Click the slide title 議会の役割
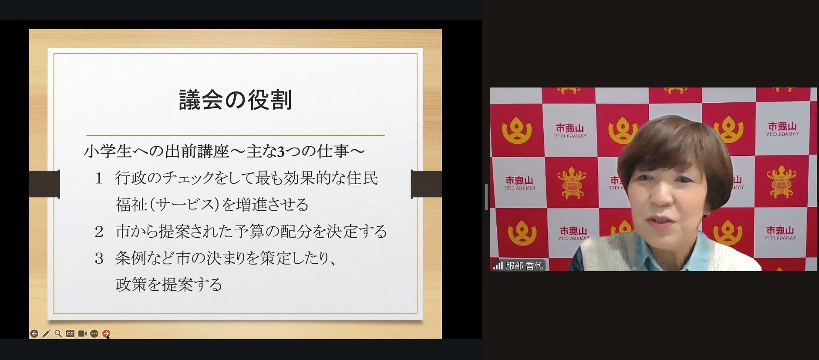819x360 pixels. click(235, 100)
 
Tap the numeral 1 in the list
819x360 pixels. click(99, 178)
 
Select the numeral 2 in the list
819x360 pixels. click(99, 232)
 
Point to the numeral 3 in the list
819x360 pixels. click(99, 258)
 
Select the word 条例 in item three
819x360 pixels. click(130, 258)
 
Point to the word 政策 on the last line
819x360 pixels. click(131, 285)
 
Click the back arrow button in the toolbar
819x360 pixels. click(34, 333)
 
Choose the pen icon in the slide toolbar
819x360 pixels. click(46, 333)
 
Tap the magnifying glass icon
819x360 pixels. click(58, 333)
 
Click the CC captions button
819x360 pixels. click(70, 333)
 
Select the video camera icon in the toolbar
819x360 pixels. click(82, 333)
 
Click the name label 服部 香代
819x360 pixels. click(524, 266)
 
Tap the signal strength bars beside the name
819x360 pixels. click(498, 266)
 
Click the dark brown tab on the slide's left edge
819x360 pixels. click(44, 184)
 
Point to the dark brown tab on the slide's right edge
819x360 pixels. click(426, 184)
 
